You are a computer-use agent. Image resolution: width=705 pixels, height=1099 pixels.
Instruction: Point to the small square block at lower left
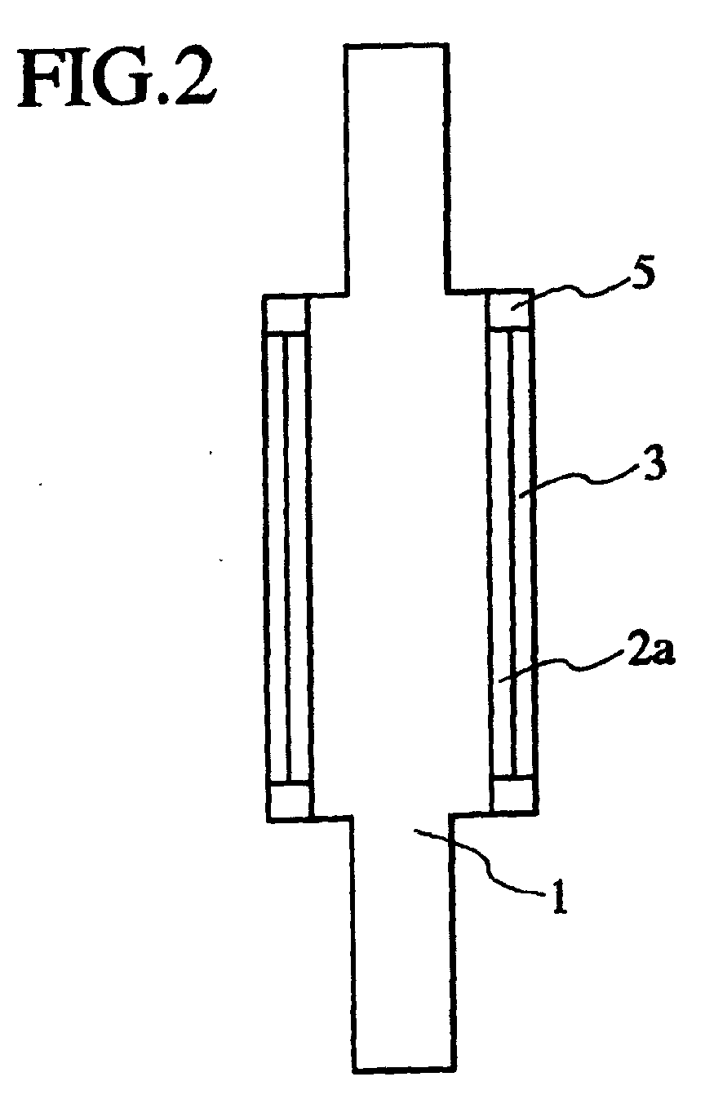(290, 799)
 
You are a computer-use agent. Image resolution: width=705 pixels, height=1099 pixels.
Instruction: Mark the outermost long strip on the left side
(276, 555)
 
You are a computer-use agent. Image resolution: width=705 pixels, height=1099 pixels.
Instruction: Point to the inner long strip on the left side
(298, 555)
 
